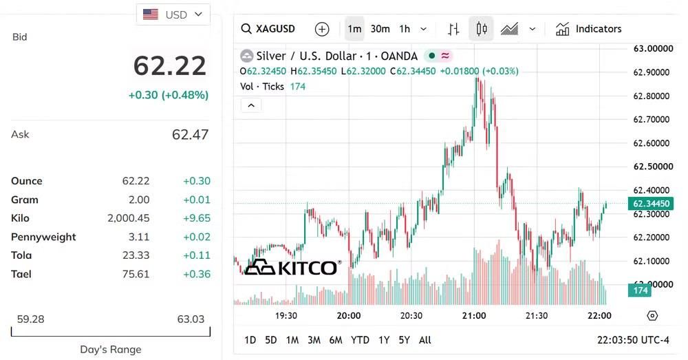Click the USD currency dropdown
[173, 14]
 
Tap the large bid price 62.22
[170, 66]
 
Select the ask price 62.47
[190, 134]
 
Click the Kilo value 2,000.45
[129, 218]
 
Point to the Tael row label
[21, 275]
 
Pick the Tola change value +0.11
[197, 255]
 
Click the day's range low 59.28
[31, 319]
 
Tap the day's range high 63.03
[191, 319]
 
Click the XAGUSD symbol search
[268, 29]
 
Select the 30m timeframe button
[380, 29]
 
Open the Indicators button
[588, 29]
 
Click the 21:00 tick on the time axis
[474, 316]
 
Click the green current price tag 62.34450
[651, 204]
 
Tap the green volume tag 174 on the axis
[640, 290]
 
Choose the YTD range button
[360, 340]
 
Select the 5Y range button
[404, 340]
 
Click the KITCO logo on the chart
[292, 267]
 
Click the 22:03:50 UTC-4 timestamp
[633, 340]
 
